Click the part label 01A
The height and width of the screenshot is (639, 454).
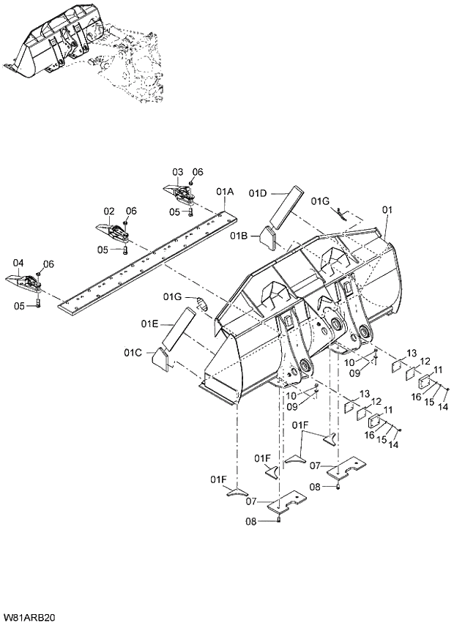225,191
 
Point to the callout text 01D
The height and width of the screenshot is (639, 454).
258,193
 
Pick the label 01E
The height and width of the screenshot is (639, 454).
150,323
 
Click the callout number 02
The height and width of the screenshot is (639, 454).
108,210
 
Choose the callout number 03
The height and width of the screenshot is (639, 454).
177,172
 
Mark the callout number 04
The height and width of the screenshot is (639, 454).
18,263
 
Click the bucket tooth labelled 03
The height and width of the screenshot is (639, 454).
179,194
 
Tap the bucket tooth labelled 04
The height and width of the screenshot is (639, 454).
21,282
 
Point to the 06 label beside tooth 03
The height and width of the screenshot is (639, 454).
198,172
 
